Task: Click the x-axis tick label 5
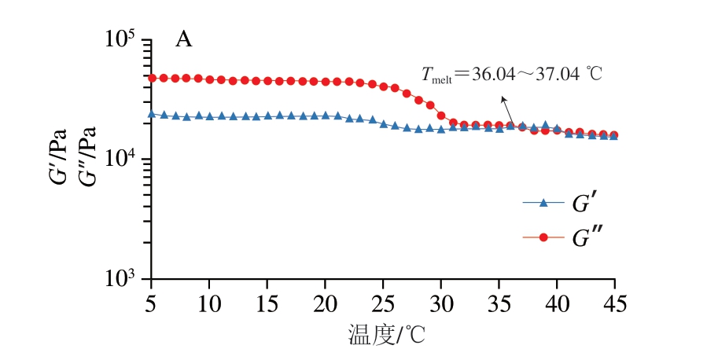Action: pyautogui.click(x=152, y=302)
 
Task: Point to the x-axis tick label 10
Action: pyautogui.click(x=209, y=302)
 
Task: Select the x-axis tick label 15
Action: pyautogui.click(x=267, y=302)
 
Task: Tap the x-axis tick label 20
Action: pyautogui.click(x=326, y=302)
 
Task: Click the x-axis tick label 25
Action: pyautogui.click(x=383, y=302)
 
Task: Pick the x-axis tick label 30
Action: pyautogui.click(x=441, y=302)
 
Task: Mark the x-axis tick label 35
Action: pyautogui.click(x=499, y=302)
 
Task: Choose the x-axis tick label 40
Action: pyautogui.click(x=557, y=302)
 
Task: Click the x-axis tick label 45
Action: pyautogui.click(x=615, y=302)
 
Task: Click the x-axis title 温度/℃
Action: pyautogui.click(x=385, y=336)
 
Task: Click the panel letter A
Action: pyautogui.click(x=183, y=40)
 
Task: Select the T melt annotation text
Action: pyautogui.click(x=511, y=75)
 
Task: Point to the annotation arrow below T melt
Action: pyautogui.click(x=508, y=106)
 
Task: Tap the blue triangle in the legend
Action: pyautogui.click(x=543, y=203)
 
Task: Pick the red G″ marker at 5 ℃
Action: pyautogui.click(x=152, y=78)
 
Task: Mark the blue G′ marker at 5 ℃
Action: pyautogui.click(x=152, y=114)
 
